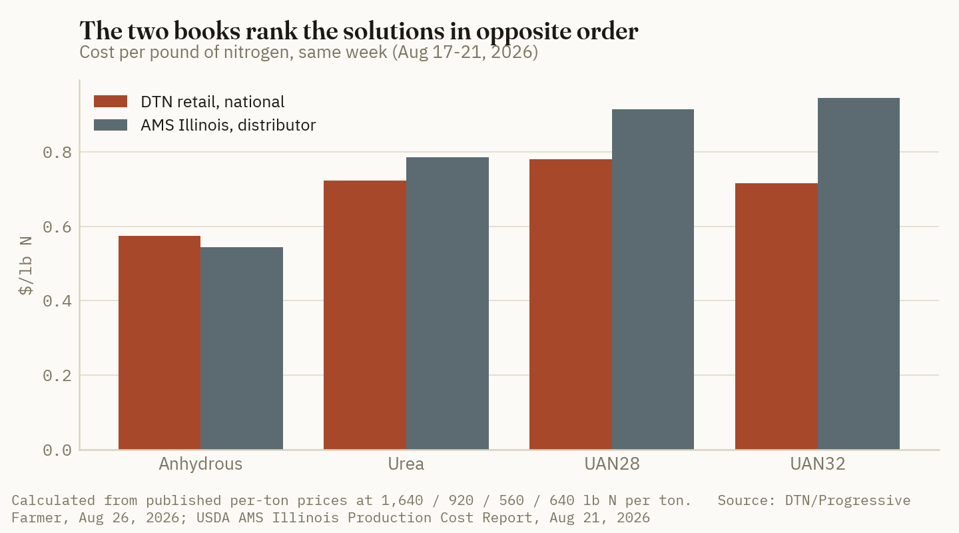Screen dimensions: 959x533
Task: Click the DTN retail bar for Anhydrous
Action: point(159,342)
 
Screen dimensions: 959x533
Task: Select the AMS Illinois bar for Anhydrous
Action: point(242,348)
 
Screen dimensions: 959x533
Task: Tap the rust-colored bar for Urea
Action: point(365,315)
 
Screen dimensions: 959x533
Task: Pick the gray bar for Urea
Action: point(448,303)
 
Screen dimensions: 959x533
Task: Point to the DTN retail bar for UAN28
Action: point(571,304)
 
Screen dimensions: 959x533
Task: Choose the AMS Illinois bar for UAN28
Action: point(653,279)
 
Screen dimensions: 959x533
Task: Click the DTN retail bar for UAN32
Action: point(777,316)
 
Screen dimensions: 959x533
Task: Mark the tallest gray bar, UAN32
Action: point(859,274)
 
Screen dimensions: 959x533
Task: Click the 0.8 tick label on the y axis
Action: point(57,153)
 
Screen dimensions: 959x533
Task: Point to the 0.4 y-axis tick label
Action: point(57,301)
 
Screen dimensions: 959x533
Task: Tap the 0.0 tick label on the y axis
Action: point(57,450)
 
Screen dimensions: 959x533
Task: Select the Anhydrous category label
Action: point(200,464)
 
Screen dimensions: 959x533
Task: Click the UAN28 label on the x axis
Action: point(612,464)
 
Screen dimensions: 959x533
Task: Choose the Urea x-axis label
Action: point(406,464)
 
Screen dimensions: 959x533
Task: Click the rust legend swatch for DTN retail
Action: point(111,101)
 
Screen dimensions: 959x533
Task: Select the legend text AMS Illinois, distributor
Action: point(228,125)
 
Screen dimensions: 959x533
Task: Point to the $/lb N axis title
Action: point(26,266)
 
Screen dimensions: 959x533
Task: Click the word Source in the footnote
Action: point(743,500)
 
